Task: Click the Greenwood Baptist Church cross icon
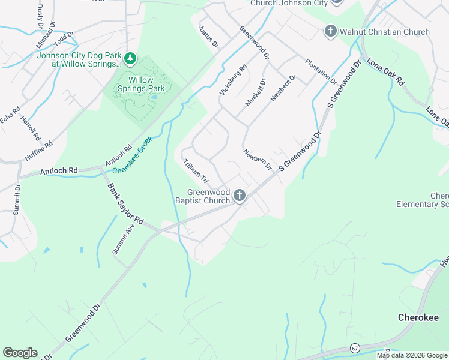[x=240, y=196]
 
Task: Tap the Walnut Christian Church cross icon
[x=330, y=31]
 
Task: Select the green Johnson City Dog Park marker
[x=130, y=59]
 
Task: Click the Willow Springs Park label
[x=141, y=84]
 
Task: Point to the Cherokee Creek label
[x=133, y=155]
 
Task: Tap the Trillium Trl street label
[x=196, y=171]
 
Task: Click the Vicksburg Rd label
[x=234, y=80]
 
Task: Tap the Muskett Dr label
[x=255, y=93]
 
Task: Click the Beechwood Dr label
[x=254, y=42]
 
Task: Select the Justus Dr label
[x=208, y=37]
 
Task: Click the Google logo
[x=20, y=353]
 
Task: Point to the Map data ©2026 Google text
[x=411, y=355]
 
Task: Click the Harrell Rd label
[x=28, y=126]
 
